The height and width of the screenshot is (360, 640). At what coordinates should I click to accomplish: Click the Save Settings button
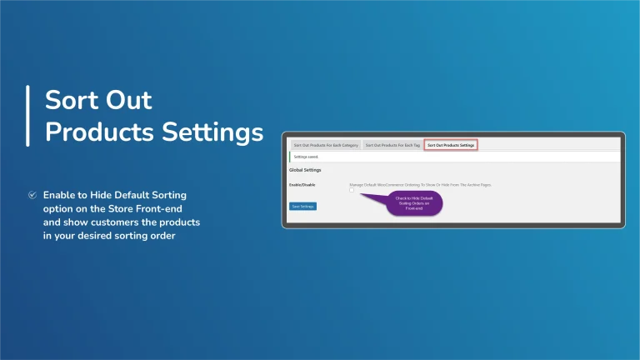point(302,206)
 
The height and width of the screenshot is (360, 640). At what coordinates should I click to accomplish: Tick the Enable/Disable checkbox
point(352,190)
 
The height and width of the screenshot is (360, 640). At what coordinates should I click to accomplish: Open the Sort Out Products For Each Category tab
point(325,145)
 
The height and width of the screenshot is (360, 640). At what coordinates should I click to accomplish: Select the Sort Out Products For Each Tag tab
point(392,145)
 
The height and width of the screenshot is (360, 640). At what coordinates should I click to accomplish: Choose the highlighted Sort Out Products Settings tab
point(451,145)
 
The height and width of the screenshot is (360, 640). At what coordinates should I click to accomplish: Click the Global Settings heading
point(305,170)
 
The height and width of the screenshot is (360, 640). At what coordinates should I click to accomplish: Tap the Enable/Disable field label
point(302,183)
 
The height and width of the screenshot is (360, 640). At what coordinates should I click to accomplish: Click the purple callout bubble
point(414,202)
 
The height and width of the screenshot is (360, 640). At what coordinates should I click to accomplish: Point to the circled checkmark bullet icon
point(32,194)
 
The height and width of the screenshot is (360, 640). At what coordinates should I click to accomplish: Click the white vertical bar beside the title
point(27,115)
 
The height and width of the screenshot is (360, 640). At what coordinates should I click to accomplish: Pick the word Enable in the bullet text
point(62,194)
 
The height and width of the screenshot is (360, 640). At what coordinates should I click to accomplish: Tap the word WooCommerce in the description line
point(400,183)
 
